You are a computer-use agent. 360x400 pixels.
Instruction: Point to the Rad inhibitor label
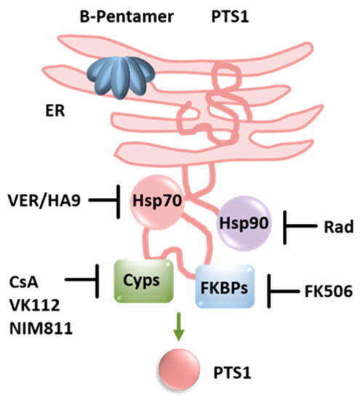[x=336, y=228]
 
